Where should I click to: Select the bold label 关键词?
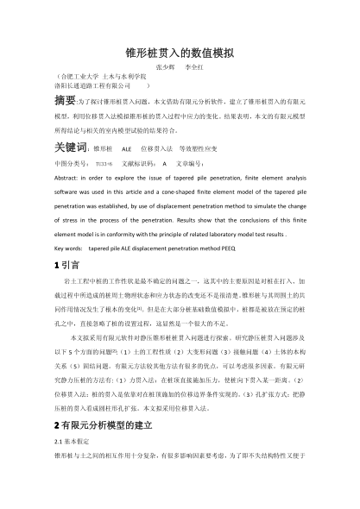(x=70, y=148)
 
